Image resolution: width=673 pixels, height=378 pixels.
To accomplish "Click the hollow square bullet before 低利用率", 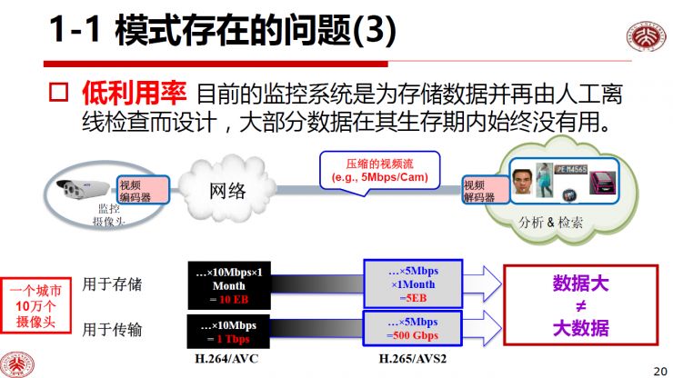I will [x=58, y=93].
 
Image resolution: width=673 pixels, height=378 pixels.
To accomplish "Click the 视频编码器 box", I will [x=136, y=190].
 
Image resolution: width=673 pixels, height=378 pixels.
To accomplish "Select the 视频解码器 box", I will [x=478, y=190].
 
